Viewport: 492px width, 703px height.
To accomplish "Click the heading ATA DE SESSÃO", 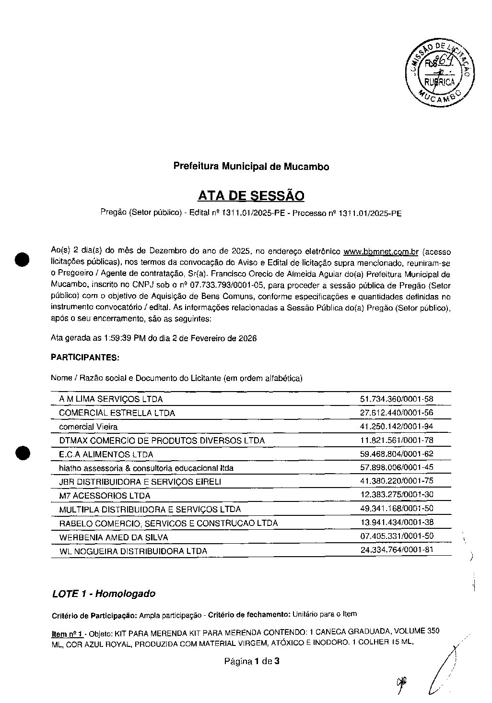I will coord(251,196).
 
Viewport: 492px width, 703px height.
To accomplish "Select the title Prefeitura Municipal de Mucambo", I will coord(251,167).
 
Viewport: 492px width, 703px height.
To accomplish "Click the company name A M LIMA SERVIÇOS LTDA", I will coord(111,399).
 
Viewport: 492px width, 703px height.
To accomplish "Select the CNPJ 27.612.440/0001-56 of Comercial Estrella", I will coord(397,413).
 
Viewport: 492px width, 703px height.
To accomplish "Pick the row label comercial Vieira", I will coord(88,427).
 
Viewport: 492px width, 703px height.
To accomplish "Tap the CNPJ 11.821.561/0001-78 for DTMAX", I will coord(397,440).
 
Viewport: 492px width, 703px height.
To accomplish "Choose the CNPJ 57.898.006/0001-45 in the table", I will coord(397,467).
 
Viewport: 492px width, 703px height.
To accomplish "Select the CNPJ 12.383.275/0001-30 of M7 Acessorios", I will coord(397,495).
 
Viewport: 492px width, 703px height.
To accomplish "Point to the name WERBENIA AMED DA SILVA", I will coord(114,537).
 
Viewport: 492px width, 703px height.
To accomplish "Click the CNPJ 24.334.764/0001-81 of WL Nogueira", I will coord(397,550).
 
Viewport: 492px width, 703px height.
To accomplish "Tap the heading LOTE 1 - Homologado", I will coord(104,594).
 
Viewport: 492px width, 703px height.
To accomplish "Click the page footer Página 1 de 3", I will coord(252,662).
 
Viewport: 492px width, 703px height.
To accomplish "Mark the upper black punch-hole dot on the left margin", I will coord(23,258).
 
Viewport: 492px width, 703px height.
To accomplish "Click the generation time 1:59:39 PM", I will coord(125,338).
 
